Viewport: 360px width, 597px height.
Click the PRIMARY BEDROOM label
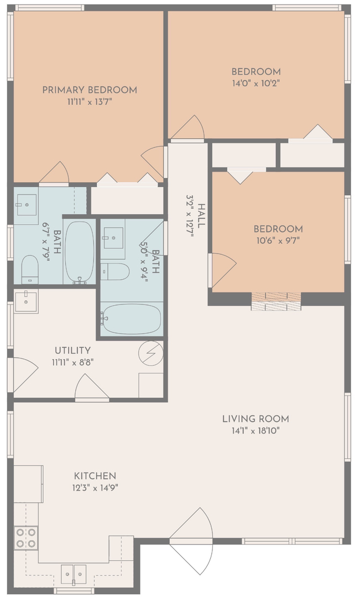click(x=90, y=90)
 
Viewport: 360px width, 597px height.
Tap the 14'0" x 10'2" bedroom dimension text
click(x=256, y=83)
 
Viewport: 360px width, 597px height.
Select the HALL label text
click(x=201, y=216)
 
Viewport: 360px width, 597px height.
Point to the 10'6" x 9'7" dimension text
click(x=278, y=240)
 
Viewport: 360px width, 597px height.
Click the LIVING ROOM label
click(x=255, y=419)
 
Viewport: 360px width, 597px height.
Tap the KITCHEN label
click(x=95, y=476)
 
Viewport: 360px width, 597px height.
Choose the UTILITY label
click(x=73, y=350)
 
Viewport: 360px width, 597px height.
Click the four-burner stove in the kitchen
click(x=26, y=538)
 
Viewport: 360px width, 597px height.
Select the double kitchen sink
click(x=74, y=574)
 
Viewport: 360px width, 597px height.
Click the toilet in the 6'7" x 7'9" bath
click(x=30, y=270)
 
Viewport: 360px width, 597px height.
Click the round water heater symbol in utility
click(x=151, y=354)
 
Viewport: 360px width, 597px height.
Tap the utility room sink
click(x=25, y=301)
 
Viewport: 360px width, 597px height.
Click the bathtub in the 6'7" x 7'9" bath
click(x=79, y=252)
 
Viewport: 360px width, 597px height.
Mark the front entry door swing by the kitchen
click(x=190, y=541)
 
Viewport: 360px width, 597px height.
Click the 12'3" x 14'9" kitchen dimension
click(x=95, y=488)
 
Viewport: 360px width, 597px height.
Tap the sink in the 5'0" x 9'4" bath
click(x=113, y=238)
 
